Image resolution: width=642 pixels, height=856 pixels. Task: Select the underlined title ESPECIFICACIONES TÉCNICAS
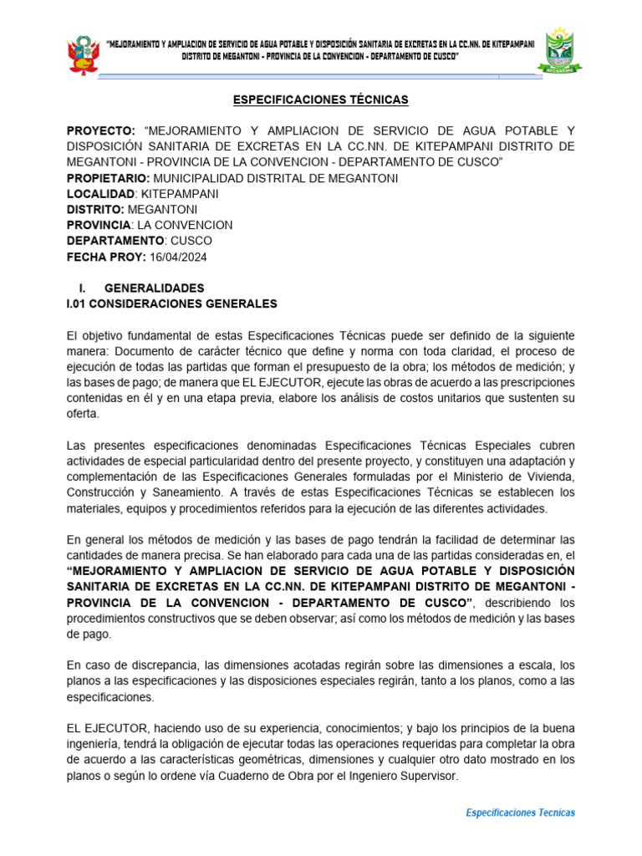[x=321, y=100]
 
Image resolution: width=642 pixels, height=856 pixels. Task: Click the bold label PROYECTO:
[x=100, y=132]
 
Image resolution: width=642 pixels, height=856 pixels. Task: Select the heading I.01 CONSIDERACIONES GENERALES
[x=171, y=303]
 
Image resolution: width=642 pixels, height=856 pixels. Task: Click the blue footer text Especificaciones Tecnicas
[x=519, y=813]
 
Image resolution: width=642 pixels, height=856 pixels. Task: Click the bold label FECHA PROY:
[x=106, y=257]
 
